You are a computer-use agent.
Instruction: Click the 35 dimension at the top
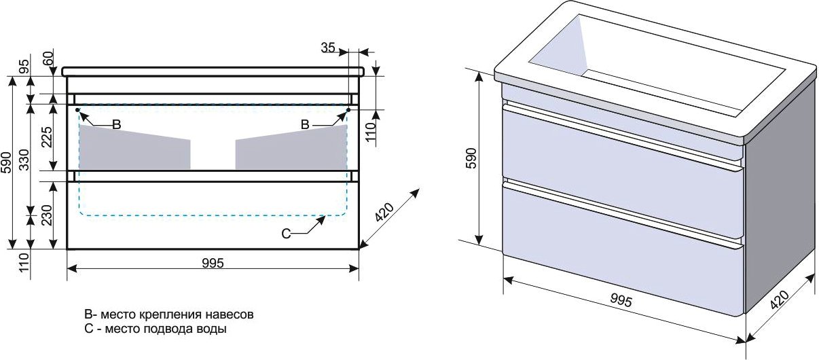click(x=328, y=48)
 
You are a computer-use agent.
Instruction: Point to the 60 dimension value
click(x=48, y=58)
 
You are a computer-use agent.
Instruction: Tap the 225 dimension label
click(x=46, y=136)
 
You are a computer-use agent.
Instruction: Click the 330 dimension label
click(x=24, y=160)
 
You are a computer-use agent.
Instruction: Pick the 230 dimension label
click(x=46, y=215)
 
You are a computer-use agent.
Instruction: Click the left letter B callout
click(x=116, y=124)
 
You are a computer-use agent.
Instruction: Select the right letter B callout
click(x=305, y=124)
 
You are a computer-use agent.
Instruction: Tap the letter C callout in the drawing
click(x=286, y=234)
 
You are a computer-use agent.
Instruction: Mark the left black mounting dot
click(x=77, y=109)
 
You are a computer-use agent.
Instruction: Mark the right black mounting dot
click(x=348, y=109)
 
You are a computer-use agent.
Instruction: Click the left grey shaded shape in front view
click(x=134, y=148)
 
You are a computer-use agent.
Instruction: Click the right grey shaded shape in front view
click(x=291, y=148)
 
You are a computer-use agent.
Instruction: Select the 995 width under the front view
click(x=213, y=263)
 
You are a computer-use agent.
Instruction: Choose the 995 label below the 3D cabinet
click(x=621, y=300)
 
